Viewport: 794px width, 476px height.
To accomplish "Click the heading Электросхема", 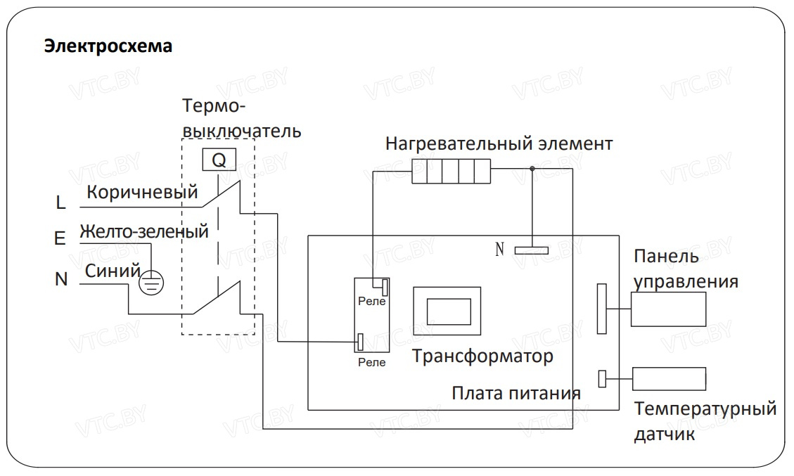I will [108, 46].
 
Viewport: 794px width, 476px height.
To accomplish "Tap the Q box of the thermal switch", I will [219, 160].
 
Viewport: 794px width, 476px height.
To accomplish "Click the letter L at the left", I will [60, 203].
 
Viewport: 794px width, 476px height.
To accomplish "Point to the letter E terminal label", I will [60, 239].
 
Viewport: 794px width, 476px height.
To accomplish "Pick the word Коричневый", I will [142, 192].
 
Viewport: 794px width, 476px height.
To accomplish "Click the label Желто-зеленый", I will [144, 231].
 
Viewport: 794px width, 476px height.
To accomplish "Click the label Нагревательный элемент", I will [499, 144].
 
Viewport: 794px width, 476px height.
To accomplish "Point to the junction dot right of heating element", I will [532, 168].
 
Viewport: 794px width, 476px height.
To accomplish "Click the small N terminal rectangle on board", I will [531, 249].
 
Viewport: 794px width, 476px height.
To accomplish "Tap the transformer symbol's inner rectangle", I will [448, 310].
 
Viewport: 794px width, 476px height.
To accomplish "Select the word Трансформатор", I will [482, 356].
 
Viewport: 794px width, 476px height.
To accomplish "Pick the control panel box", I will [667, 309].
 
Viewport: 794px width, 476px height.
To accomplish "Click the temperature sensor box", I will [668, 378].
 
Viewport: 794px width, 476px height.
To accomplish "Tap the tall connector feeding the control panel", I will [601, 308].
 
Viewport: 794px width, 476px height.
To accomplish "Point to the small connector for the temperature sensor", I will [602, 378].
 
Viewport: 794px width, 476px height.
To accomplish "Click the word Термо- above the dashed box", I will [213, 106].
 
